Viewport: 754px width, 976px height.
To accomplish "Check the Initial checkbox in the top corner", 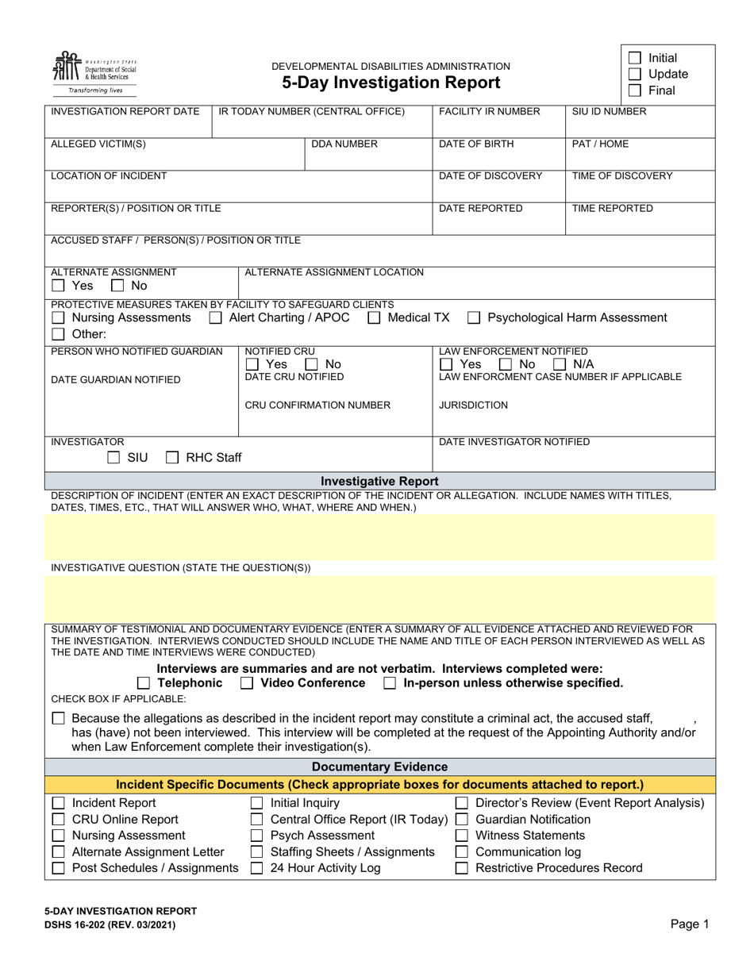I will coord(634,58).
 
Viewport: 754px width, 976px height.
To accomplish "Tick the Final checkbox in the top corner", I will coord(634,90).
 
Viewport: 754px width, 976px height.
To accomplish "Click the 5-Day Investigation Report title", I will coord(390,83).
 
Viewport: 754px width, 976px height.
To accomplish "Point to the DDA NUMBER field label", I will coord(344,144).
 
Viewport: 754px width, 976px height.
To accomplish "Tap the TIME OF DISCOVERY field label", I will coord(622,176).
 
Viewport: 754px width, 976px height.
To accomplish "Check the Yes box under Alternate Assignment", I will coord(58,286).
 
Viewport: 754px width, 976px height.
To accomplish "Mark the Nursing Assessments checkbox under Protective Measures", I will coord(58,318).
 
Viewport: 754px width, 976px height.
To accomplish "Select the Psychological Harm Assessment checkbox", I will coord(474,318).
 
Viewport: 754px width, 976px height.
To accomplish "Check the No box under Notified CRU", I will coord(312,364).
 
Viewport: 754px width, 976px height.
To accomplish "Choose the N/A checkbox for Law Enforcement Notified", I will coord(560,364).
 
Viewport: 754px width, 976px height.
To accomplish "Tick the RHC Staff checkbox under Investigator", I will coord(172,458).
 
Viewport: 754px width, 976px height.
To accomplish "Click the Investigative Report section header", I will coord(379,482).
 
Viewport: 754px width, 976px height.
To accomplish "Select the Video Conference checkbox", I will coord(247,683).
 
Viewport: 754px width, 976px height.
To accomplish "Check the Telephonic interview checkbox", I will coord(143,683).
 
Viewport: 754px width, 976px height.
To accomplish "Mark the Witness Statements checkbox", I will coord(461,836).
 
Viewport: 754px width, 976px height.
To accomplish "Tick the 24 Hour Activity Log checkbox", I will coord(256,868).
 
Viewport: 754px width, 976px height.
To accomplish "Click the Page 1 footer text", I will coord(690,924).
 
